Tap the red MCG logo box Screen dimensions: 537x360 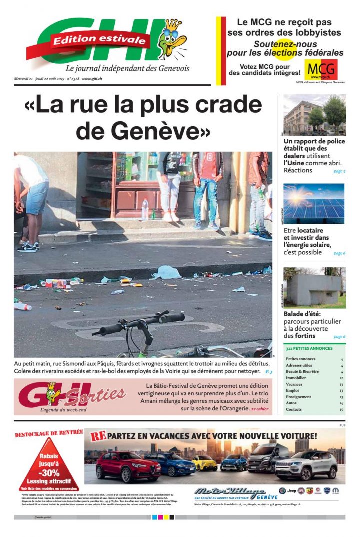tap(321, 70)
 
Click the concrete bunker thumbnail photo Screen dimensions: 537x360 tap(314, 288)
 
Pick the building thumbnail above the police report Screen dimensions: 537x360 tap(314, 115)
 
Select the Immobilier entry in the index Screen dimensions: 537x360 tap(296, 378)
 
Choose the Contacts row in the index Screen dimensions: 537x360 tap(294, 409)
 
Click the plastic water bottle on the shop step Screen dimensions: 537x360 tap(144, 210)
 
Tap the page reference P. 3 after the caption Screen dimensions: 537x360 tap(269, 372)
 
